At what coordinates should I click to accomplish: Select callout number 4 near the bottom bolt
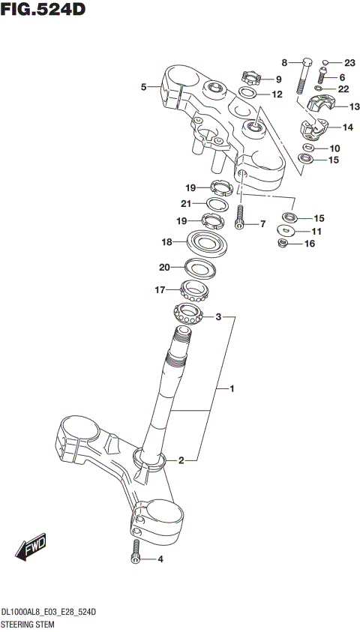(160, 559)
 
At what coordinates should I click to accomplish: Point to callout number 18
(167, 242)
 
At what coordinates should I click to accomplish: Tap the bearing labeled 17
(196, 289)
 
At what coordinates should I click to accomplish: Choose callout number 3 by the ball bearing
(219, 317)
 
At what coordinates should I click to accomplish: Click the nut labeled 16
(285, 244)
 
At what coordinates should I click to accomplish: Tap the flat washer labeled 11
(285, 231)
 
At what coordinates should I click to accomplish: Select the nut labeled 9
(250, 76)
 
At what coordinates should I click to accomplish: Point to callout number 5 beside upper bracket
(143, 88)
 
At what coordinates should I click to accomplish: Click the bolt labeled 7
(240, 217)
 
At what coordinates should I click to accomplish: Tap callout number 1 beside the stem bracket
(232, 389)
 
